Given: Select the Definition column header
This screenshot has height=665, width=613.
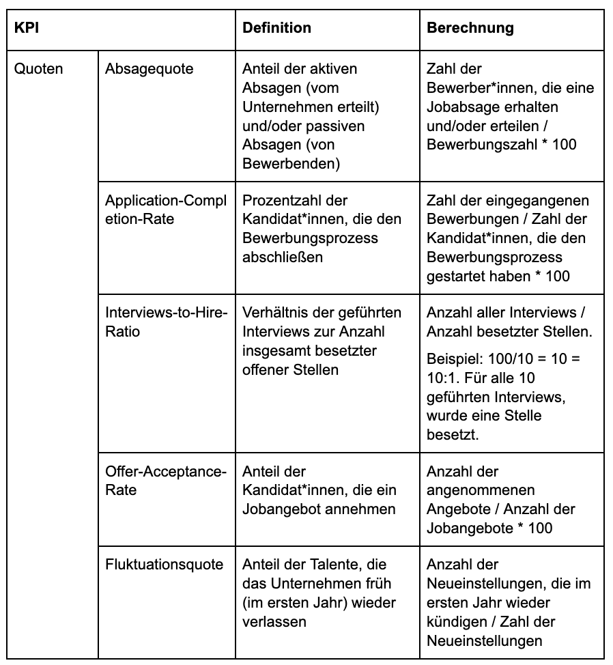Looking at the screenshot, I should click(276, 29).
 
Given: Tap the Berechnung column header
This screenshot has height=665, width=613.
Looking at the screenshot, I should click(470, 29).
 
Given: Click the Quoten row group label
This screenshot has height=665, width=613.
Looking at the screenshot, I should click(38, 69).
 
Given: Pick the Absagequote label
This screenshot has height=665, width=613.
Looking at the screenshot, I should click(149, 69).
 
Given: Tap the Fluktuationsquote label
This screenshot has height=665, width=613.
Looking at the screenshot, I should click(164, 565).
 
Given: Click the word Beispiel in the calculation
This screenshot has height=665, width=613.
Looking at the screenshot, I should click(451, 359).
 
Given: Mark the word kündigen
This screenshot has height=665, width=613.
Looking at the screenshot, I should click(453, 622).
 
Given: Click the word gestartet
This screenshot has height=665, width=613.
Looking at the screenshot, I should click(453, 277).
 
